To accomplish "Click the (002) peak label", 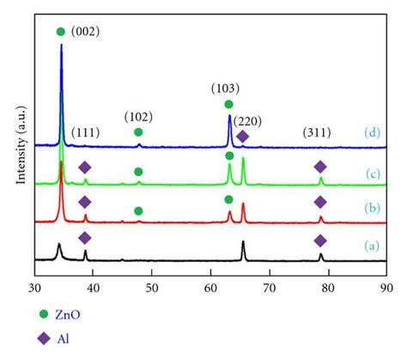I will (x=86, y=32).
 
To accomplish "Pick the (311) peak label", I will (x=320, y=132).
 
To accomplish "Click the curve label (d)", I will (x=371, y=131).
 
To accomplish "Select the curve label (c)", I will (x=371, y=174).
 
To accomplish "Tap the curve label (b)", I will (x=371, y=209).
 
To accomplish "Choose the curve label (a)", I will (x=371, y=245).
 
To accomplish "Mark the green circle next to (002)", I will (x=60, y=32).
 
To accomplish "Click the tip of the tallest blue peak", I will (x=61, y=46).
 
